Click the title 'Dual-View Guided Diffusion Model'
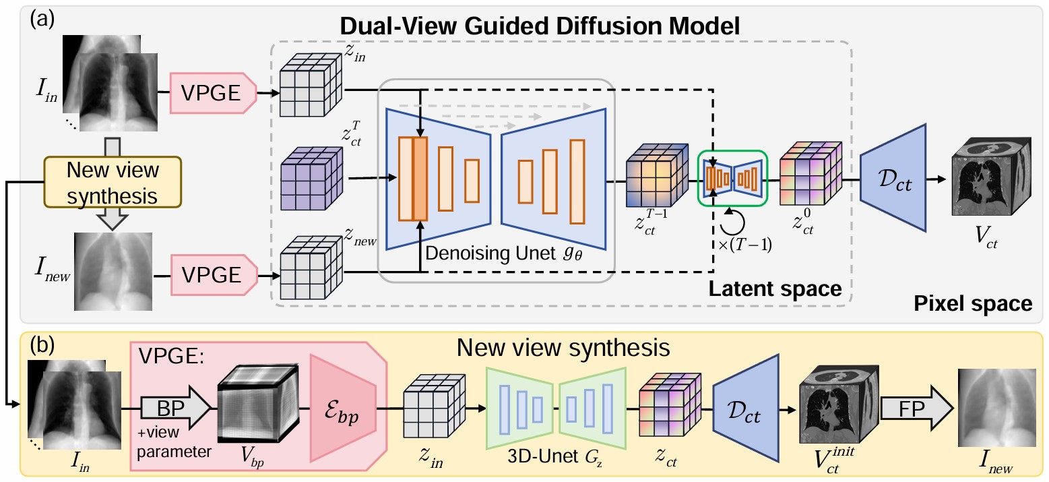tap(540, 27)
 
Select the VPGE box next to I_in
tap(214, 93)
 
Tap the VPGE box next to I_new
tap(214, 274)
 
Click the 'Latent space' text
tap(775, 288)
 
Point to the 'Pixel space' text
tap(973, 303)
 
